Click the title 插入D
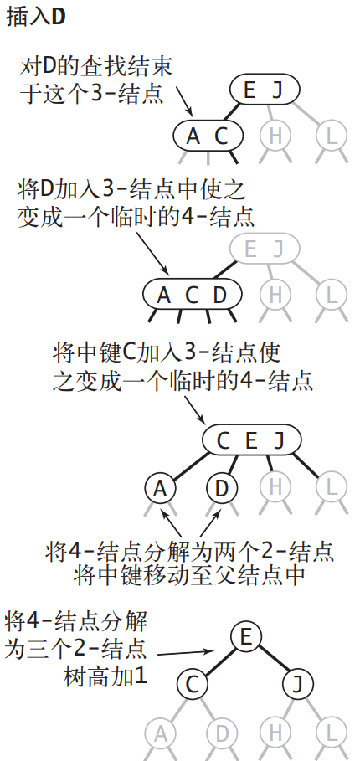pos(36,17)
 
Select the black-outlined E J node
pos(264,90)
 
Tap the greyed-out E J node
pos(264,248)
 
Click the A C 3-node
pos(207,136)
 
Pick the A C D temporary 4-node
pos(192,295)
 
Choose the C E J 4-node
pos(251,440)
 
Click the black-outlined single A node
pos(161,489)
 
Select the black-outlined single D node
pos(221,489)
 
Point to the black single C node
pos(192,684)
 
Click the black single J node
pos(297,684)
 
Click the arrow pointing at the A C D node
pos(152,253)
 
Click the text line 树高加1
pos(105,676)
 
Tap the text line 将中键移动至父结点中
pos(190,576)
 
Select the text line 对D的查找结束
pos(95,66)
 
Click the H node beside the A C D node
pos(275,295)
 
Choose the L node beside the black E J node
pos(331,136)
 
